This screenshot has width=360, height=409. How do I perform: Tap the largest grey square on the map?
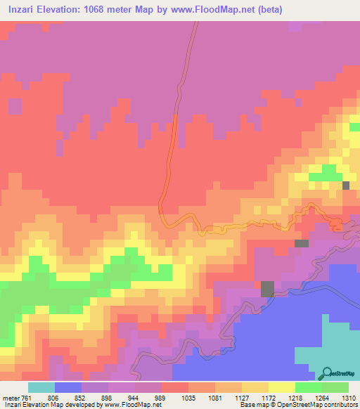(x=268, y=288)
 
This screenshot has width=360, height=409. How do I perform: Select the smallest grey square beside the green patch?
(x=346, y=185)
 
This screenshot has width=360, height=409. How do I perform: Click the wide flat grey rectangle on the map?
(x=302, y=243)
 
